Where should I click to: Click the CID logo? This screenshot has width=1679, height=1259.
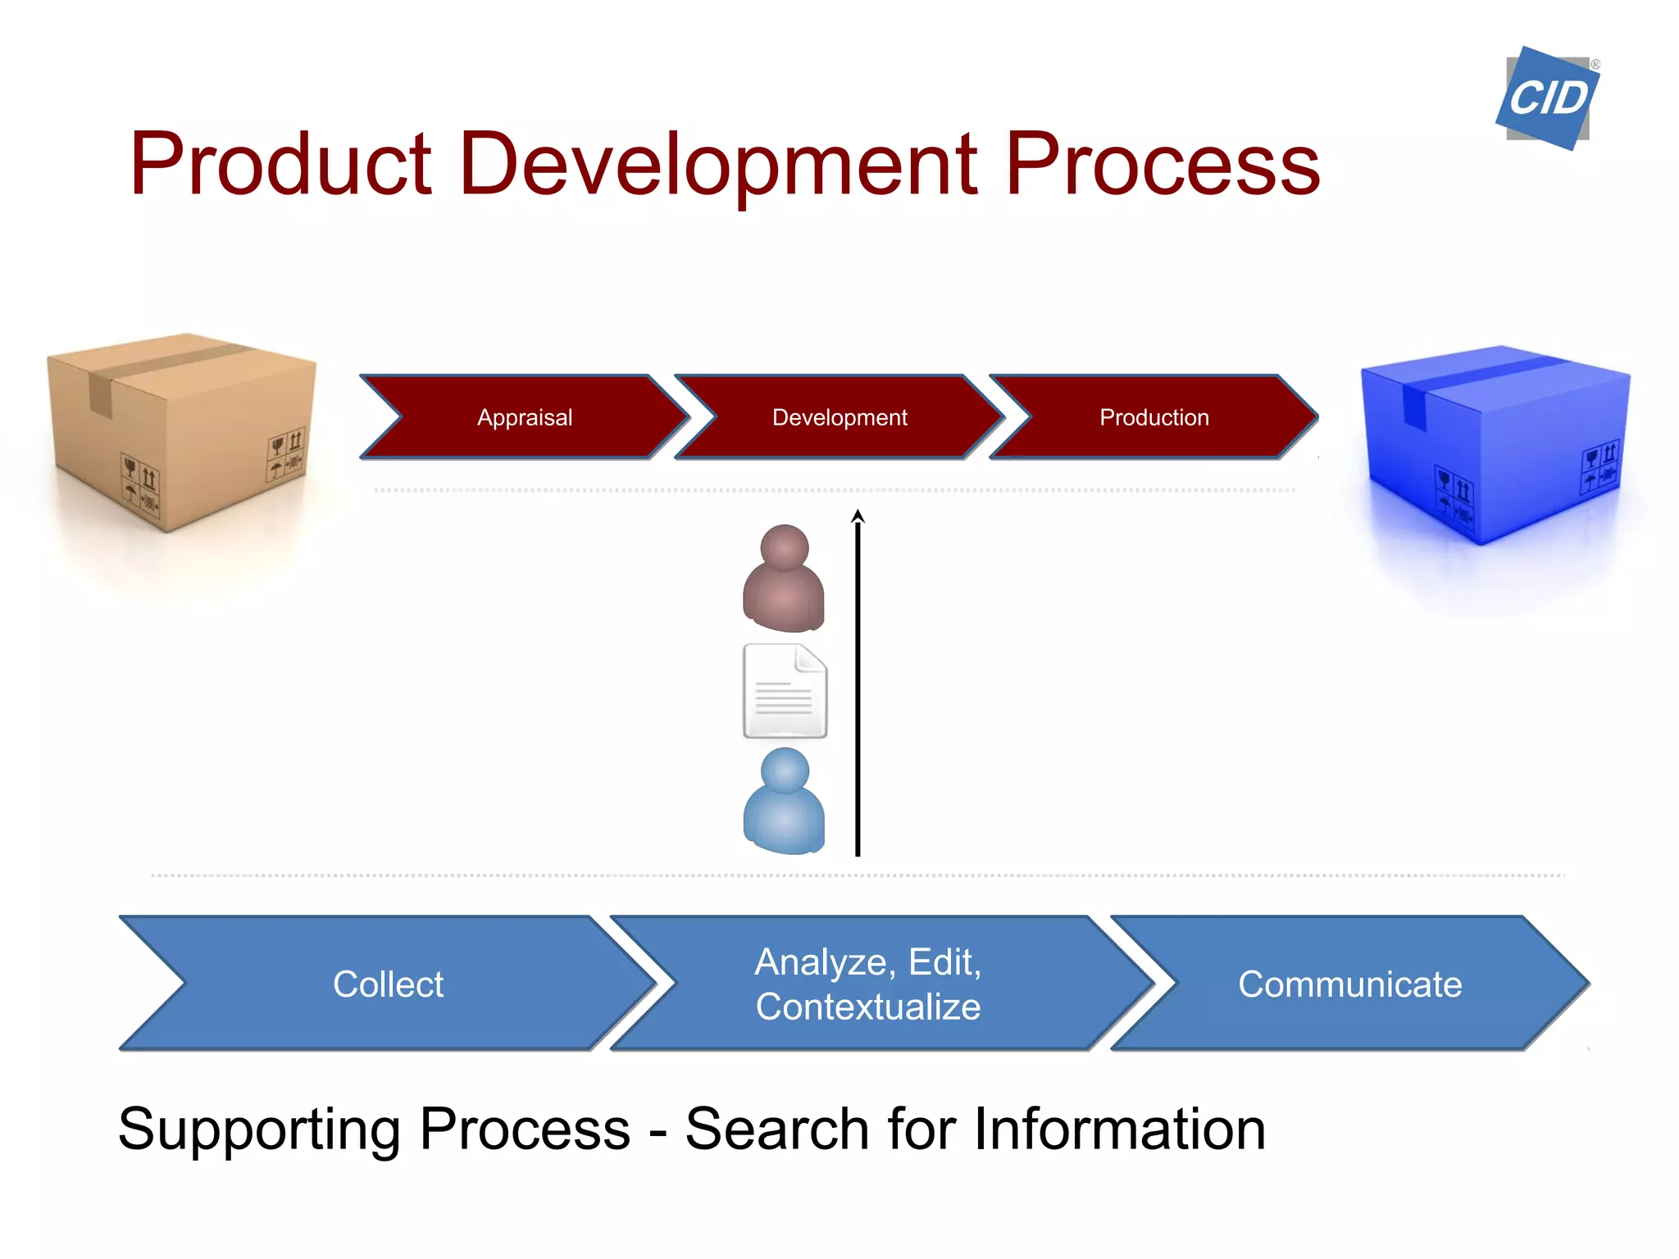click(1547, 98)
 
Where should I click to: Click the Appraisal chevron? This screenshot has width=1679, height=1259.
click(525, 417)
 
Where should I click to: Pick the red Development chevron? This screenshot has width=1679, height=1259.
click(839, 417)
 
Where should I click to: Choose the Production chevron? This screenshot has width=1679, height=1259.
click(1153, 417)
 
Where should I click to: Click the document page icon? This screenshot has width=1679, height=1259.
click(785, 691)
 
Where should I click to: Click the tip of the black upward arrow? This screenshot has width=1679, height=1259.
click(858, 512)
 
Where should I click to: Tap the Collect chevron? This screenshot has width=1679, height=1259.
click(388, 984)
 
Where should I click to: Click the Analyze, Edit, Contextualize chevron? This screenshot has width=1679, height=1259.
click(867, 984)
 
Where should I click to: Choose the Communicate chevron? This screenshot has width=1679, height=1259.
click(1349, 984)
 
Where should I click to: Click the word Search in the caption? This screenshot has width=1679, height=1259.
click(776, 1129)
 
